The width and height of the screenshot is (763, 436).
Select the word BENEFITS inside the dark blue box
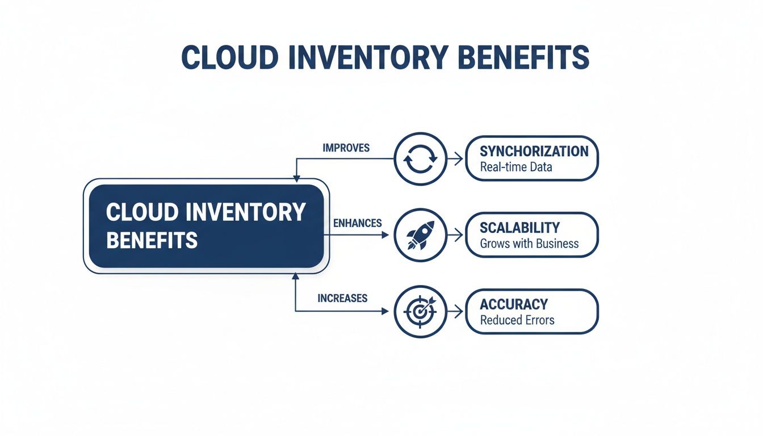[152, 240]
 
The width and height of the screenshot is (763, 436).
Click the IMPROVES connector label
[346, 148]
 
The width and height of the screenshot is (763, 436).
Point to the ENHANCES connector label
[357, 223]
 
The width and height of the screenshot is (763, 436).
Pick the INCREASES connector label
[342, 298]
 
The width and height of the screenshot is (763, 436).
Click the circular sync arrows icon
[420, 159]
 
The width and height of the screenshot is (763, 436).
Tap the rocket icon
[420, 235]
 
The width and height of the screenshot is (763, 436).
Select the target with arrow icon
[420, 311]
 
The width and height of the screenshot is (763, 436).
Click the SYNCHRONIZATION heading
[534, 151]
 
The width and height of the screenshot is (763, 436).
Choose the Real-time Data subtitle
[515, 167]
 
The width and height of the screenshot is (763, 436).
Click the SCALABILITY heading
[519, 228]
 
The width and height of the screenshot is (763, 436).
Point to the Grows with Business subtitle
[529, 244]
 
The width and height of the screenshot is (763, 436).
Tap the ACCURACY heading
[514, 304]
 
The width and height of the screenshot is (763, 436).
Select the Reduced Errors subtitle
[517, 320]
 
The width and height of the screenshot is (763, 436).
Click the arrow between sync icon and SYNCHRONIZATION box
[455, 160]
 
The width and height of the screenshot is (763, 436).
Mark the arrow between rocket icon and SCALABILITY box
[455, 235]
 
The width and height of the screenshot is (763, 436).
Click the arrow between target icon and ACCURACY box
[455, 311]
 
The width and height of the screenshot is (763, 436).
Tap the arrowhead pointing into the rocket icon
[386, 235]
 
